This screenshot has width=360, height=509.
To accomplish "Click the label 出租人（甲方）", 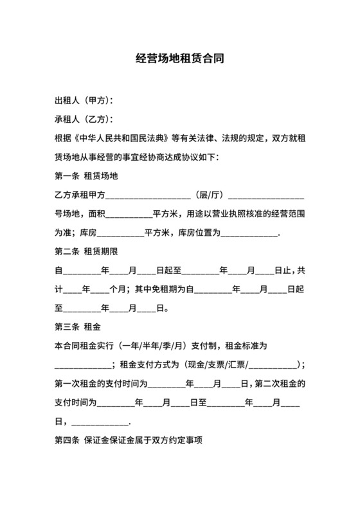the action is click(x=83, y=101).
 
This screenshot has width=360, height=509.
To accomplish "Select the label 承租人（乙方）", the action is click(x=83, y=120).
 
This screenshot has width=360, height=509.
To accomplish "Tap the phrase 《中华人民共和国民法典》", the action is click(x=122, y=138).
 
